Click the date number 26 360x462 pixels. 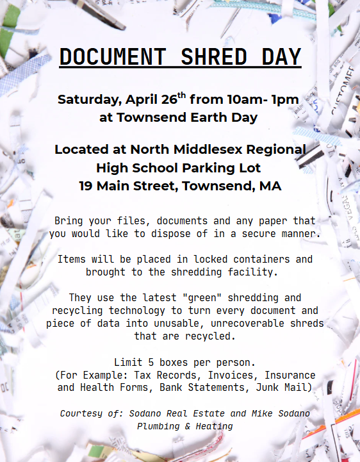click(x=167, y=100)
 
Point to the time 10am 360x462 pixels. click(x=236, y=100)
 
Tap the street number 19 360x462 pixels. click(x=87, y=186)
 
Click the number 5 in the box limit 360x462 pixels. click(x=150, y=362)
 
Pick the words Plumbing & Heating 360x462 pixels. click(x=185, y=425)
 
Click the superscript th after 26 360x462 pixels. click(x=182, y=95)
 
